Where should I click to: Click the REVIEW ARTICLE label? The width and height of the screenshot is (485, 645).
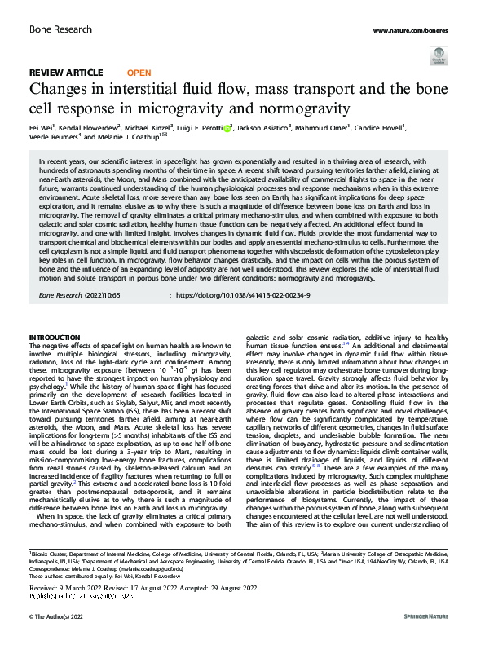[x=65, y=73]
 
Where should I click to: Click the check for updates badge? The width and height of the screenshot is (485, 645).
[x=439, y=60]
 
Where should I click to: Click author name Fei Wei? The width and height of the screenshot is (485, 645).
[x=42, y=128]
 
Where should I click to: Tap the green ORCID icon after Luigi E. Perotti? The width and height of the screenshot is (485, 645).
[x=230, y=128]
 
